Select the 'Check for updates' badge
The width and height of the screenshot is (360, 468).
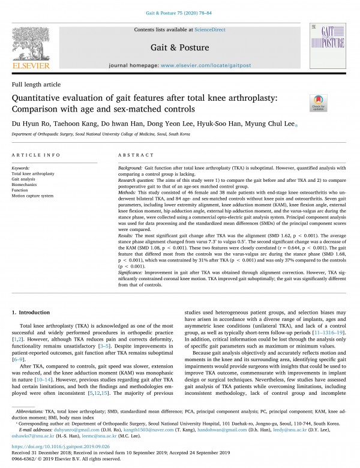tap(316, 103)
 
